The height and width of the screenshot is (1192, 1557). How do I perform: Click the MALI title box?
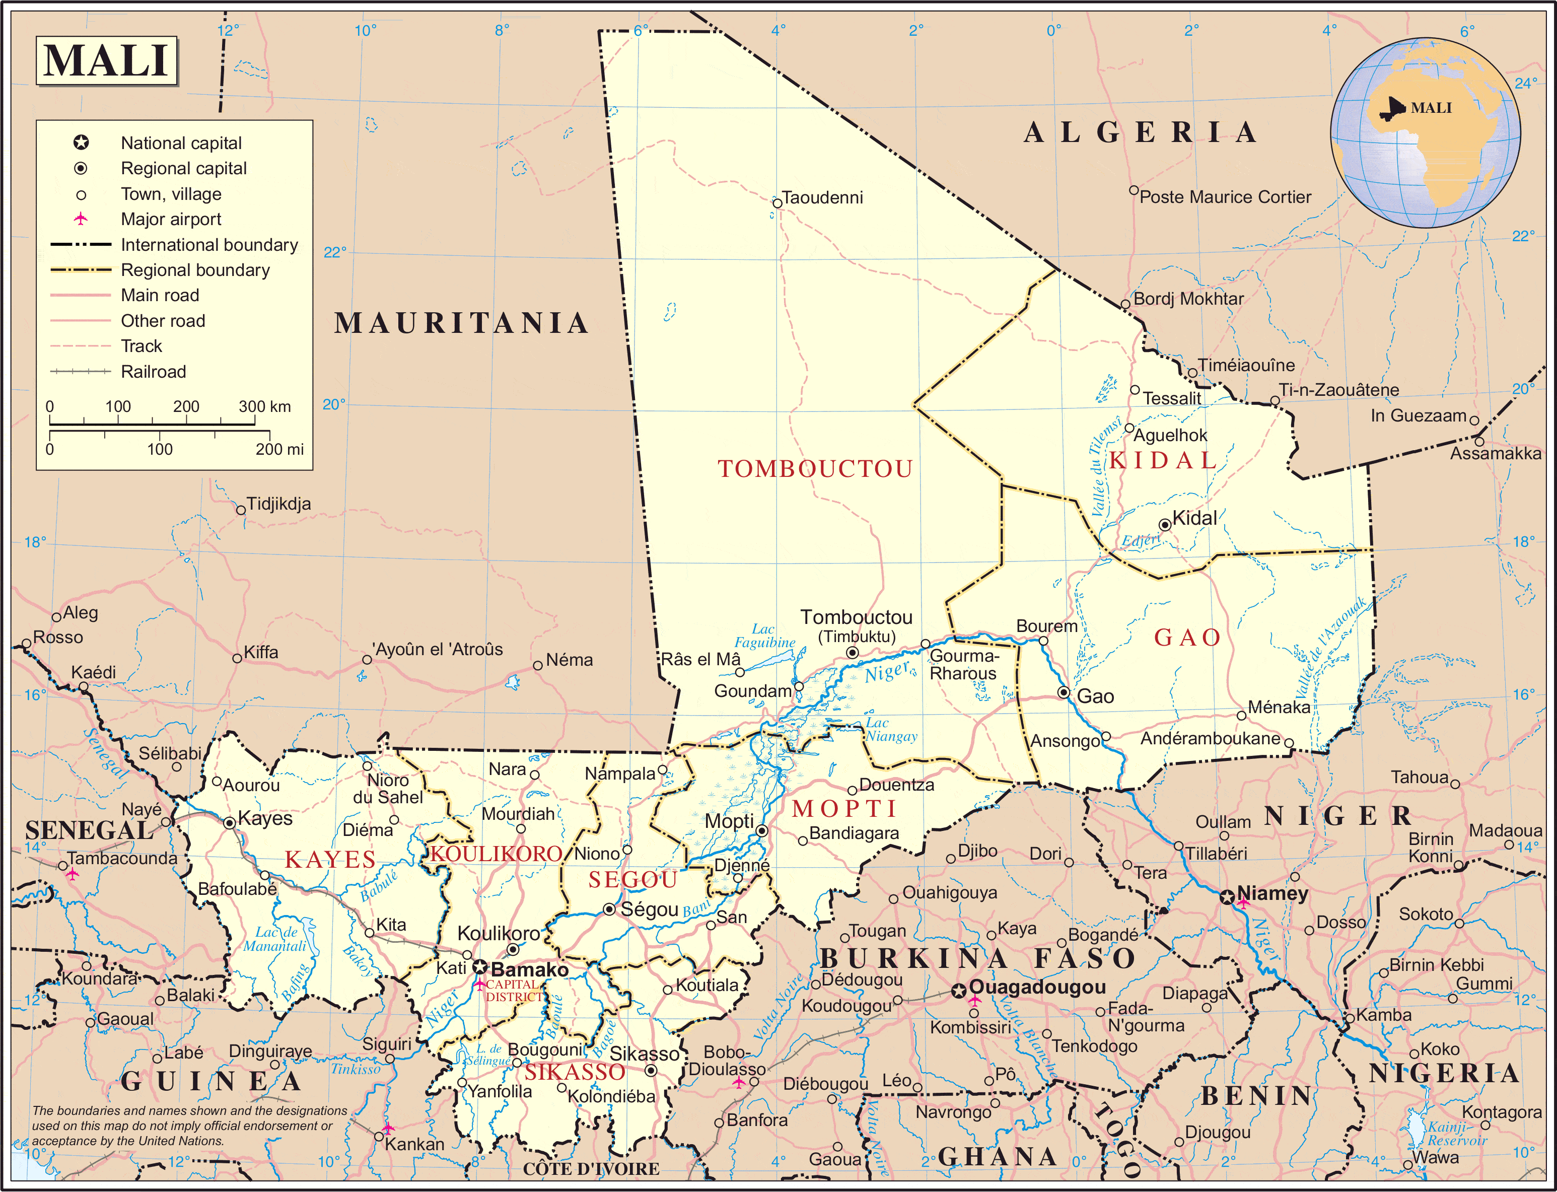click(x=106, y=60)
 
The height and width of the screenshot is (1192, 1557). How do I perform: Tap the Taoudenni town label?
click(x=822, y=197)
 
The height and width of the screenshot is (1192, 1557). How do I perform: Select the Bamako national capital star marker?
click(x=480, y=967)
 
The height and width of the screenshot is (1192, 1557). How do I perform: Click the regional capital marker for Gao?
click(x=1064, y=692)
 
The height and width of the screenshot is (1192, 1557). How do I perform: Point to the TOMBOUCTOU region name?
click(x=815, y=469)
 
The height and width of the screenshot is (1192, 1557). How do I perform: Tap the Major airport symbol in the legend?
click(x=81, y=219)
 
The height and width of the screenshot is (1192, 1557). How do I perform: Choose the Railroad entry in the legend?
click(x=153, y=372)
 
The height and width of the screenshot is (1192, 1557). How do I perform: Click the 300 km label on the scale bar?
click(x=264, y=406)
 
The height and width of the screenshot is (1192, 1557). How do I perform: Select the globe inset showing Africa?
click(x=1425, y=132)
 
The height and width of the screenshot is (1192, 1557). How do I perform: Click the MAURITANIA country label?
click(x=462, y=323)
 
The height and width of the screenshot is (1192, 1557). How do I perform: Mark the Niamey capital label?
click(x=1272, y=893)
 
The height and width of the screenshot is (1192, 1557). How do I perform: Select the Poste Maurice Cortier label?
click(x=1225, y=197)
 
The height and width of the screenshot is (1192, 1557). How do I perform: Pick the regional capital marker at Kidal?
click(x=1164, y=525)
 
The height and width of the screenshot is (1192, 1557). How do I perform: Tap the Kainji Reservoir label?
click(x=1457, y=1133)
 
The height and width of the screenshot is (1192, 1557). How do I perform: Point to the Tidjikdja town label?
click(x=279, y=504)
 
